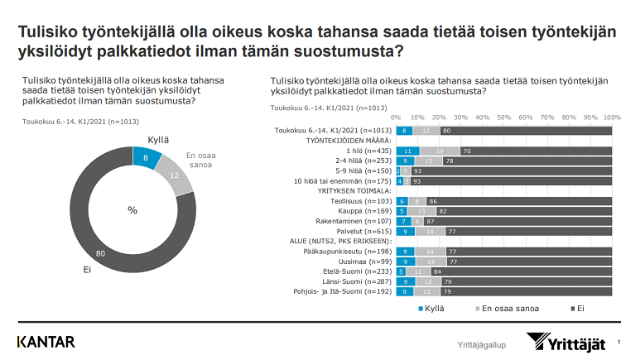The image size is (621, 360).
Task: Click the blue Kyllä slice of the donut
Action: (146, 156)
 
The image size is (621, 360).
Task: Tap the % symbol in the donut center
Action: (132, 210)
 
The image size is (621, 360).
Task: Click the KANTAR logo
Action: (47, 341)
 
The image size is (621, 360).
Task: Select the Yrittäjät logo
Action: (568, 343)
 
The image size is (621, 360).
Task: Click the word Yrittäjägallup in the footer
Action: (482, 343)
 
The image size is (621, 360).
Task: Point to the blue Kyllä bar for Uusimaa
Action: (405, 260)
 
